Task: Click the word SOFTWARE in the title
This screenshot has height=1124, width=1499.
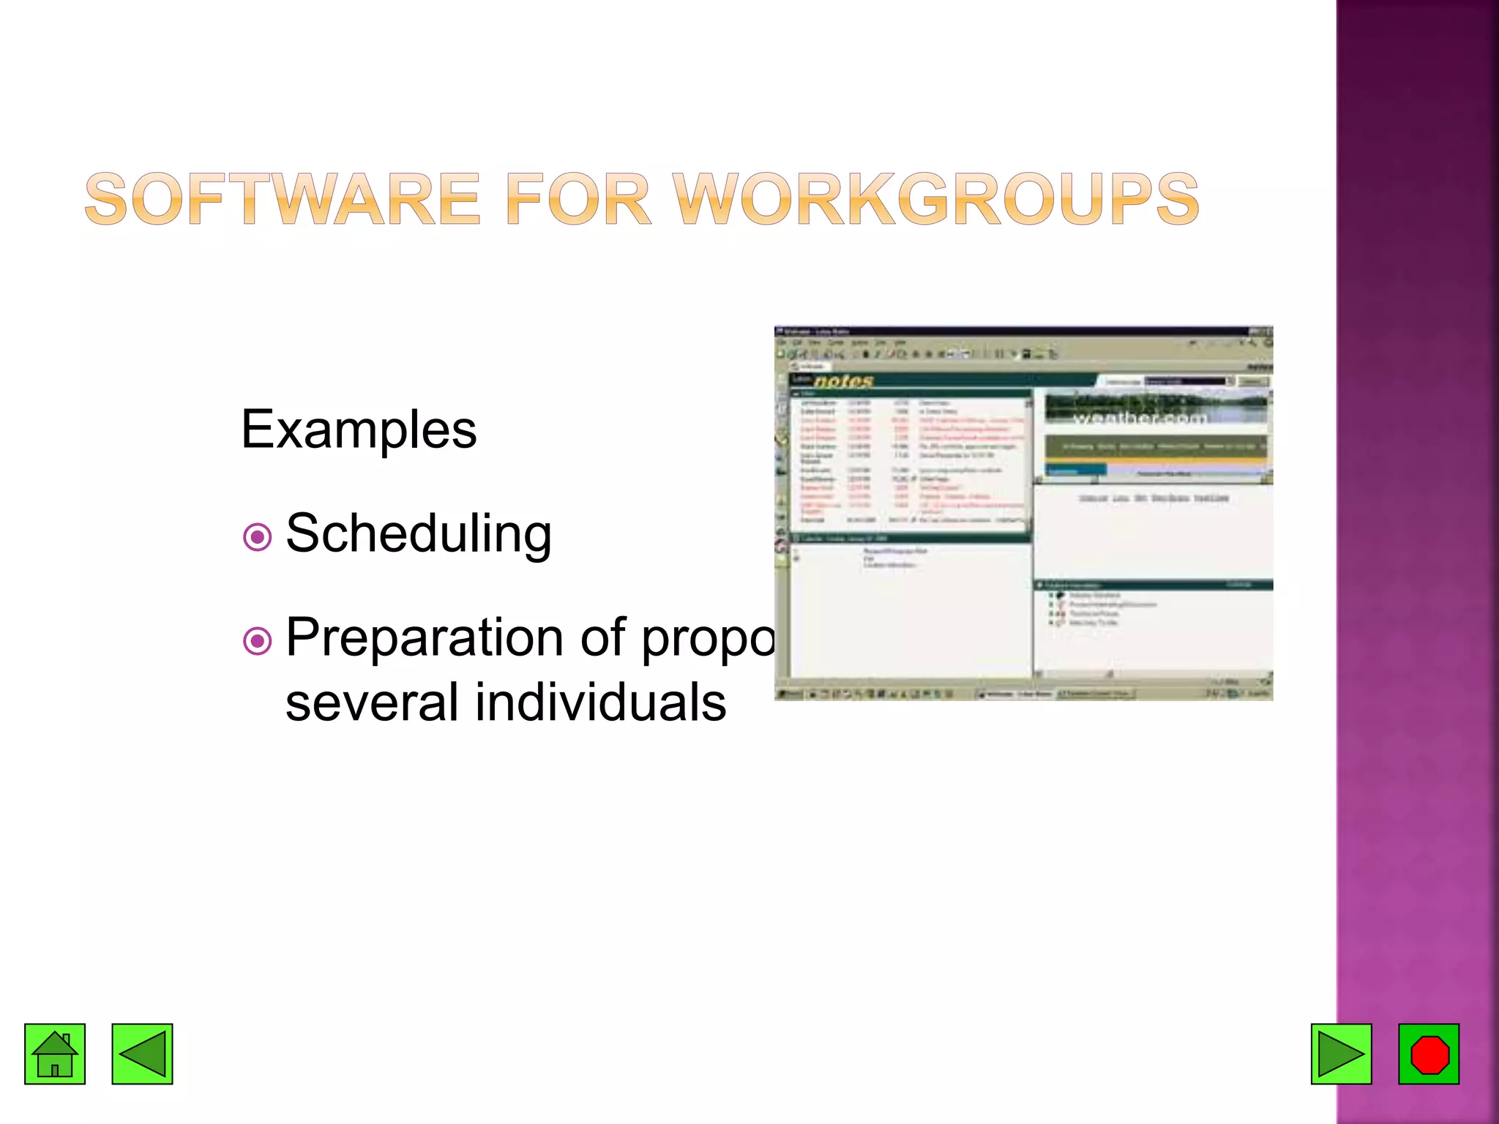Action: (x=283, y=199)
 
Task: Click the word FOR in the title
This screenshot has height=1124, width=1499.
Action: (x=577, y=199)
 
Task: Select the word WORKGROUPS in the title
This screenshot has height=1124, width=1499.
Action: (x=935, y=199)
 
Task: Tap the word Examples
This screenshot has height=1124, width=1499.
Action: (x=359, y=430)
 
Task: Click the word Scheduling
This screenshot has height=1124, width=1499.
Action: (x=418, y=533)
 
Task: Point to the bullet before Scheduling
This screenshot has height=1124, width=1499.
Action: (x=257, y=537)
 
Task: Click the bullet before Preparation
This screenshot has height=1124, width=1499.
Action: (x=257, y=642)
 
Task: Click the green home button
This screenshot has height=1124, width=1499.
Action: (x=55, y=1054)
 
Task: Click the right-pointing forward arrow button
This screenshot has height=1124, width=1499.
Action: (x=1341, y=1054)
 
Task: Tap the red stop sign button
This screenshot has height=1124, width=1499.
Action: (x=1429, y=1054)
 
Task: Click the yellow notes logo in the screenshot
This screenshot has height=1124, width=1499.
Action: (x=843, y=381)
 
